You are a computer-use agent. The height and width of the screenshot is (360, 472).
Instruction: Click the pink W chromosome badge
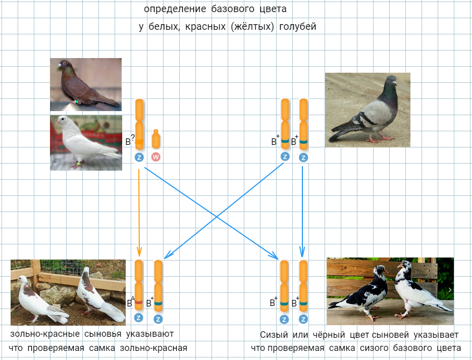pyautogui.click(x=156, y=157)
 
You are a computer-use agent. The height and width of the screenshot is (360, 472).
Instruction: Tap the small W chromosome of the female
pyautogui.click(x=156, y=140)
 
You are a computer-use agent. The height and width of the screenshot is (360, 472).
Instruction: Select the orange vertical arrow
pyautogui.click(x=139, y=212)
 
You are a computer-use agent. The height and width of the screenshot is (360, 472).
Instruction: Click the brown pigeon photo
pyautogui.click(x=86, y=84)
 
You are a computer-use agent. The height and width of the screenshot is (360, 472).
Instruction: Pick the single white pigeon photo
pyautogui.click(x=86, y=142)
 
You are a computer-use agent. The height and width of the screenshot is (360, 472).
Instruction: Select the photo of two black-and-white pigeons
pyautogui.click(x=390, y=291)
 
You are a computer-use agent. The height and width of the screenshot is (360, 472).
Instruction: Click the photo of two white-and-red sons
pyautogui.click(x=68, y=292)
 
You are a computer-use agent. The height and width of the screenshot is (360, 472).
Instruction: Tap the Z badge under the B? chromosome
pyautogui.click(x=139, y=157)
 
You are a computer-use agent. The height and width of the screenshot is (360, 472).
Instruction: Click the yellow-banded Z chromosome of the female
pyautogui.click(x=139, y=124)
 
